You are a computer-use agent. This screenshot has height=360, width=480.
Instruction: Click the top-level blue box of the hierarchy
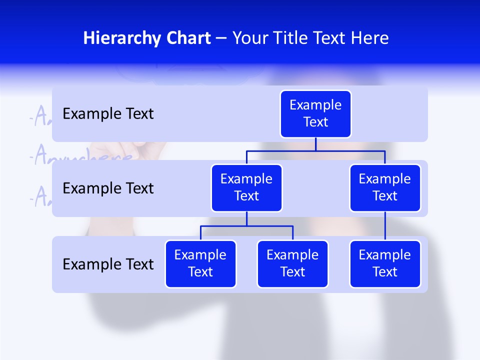coord(315,114)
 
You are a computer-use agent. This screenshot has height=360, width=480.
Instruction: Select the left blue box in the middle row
coord(246,188)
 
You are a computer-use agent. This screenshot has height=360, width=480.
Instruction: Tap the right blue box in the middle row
coord(385,188)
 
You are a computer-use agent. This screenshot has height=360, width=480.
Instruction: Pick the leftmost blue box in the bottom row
coord(200,264)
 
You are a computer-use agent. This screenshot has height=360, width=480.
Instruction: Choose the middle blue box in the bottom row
coord(292,264)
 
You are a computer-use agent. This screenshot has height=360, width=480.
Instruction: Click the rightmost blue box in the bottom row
coord(385,264)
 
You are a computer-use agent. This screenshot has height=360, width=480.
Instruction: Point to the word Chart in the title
coord(186,38)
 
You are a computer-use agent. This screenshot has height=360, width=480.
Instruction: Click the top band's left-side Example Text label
coord(108,114)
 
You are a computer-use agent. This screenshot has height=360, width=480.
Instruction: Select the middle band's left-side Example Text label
coord(108,188)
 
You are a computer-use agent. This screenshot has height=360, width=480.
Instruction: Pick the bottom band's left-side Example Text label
coord(108,264)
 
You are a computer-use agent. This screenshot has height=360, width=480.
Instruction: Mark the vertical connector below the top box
coord(315,144)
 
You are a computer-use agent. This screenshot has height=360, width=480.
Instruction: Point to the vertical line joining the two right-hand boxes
coord(385,226)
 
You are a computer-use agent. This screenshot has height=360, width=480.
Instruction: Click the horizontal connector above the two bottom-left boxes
coord(246,226)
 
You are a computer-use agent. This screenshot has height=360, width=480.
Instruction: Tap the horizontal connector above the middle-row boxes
coord(315,150)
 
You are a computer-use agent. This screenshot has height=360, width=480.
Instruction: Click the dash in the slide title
coord(221,38)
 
